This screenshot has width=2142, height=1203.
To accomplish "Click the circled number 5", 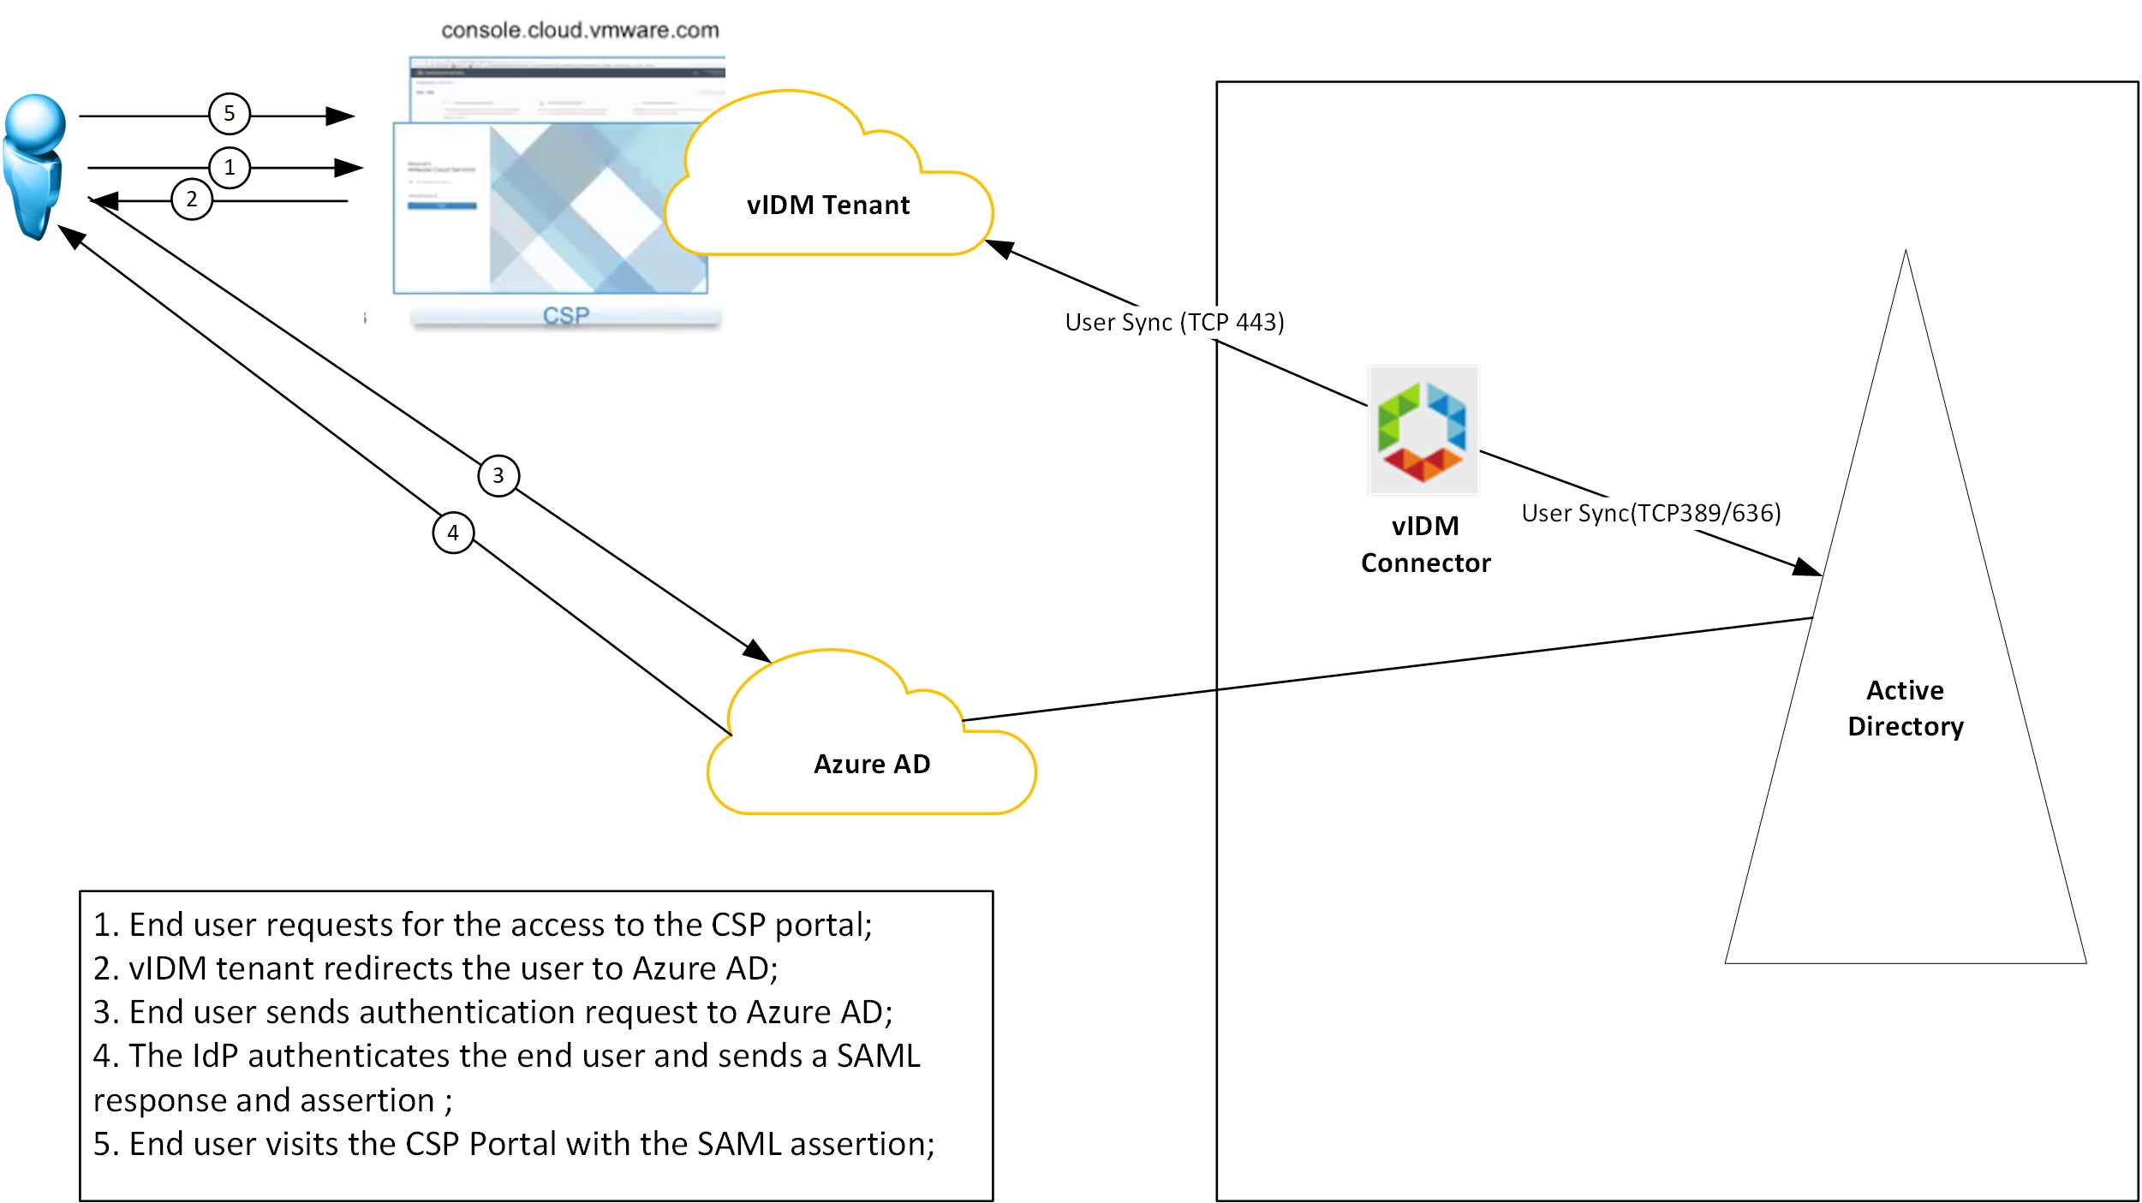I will coord(230,114).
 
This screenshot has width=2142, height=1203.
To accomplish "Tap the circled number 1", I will coord(230,168).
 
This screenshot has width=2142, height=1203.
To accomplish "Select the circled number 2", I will coord(192,200).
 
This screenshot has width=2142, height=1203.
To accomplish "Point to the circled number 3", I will coord(498,475).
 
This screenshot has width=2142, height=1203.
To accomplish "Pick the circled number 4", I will coord(453,533).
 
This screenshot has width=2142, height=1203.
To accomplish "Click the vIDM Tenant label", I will coord(827,205).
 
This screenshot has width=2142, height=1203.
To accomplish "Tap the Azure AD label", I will coord(872,764).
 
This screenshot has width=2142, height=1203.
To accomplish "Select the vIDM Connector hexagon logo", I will coord(1423,431).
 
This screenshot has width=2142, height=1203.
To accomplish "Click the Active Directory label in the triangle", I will coord(1905,708).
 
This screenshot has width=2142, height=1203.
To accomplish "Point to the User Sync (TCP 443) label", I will coord(1174,322).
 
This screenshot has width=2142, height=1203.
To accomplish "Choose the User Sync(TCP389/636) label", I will coord(1650,513).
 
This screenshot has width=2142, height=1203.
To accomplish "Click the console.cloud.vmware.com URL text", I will coord(580,31).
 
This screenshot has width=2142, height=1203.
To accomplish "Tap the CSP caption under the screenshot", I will coord(566,316).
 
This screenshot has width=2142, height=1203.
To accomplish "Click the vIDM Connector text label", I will coord(1425,545).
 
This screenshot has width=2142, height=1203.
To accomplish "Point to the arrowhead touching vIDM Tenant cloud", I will coord(999,247).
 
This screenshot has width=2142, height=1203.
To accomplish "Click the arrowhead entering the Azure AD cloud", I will coord(757,652).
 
